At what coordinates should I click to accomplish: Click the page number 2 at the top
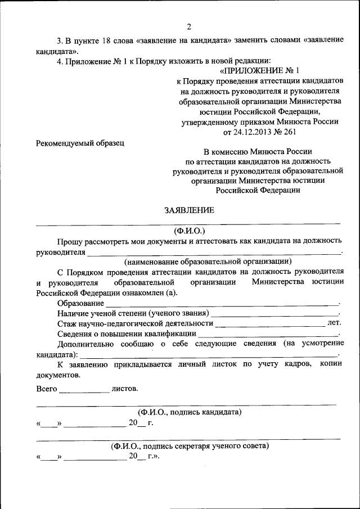(189, 26)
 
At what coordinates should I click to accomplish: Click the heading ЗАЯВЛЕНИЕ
(189, 211)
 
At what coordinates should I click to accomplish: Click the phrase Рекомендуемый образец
(80, 143)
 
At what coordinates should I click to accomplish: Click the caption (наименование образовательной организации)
(208, 261)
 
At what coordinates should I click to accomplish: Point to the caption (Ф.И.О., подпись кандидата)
(190, 412)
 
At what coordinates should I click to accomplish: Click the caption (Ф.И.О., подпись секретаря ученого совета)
(190, 446)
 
